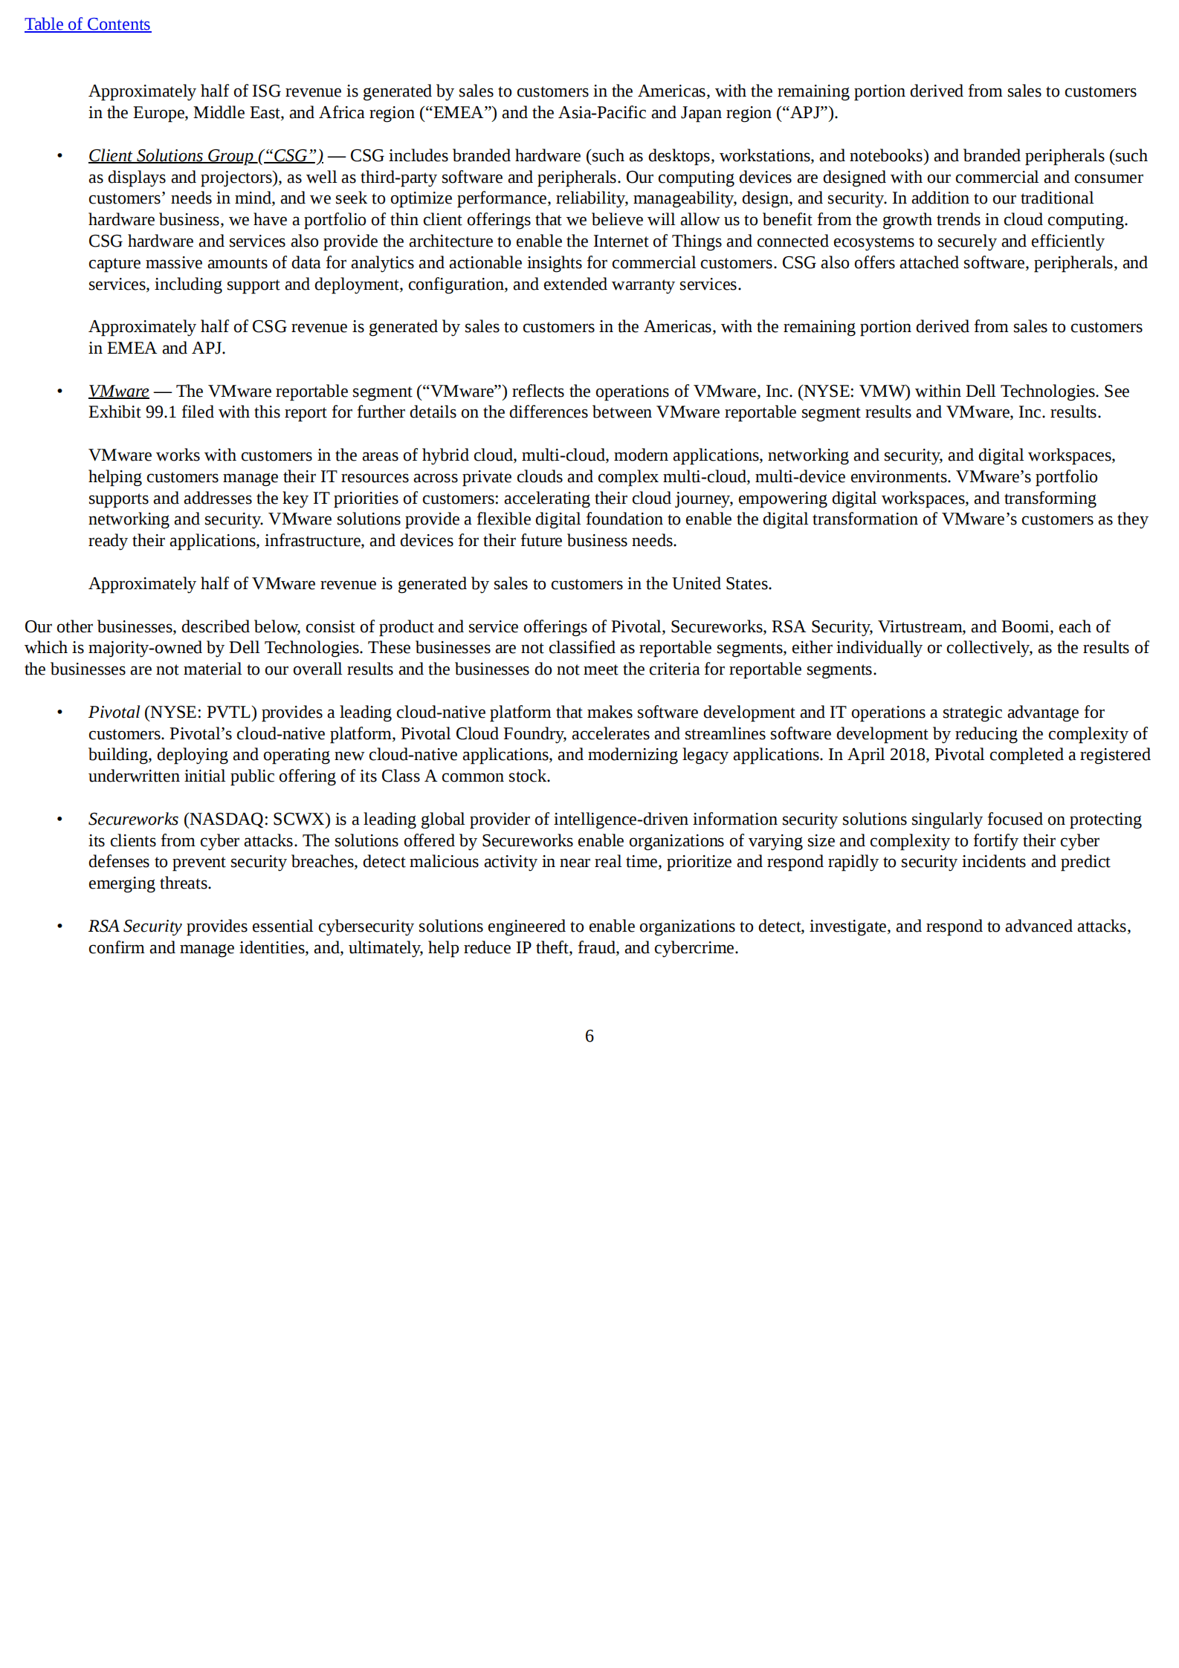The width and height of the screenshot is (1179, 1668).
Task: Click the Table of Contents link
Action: click(87, 25)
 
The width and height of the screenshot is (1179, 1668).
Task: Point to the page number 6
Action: click(589, 1036)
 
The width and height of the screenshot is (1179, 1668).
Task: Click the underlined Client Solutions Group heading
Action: click(205, 156)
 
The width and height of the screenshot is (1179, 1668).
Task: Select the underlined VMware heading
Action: click(118, 392)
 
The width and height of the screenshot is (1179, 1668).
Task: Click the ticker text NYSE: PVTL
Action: click(200, 713)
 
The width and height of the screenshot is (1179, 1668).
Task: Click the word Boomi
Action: click(1025, 627)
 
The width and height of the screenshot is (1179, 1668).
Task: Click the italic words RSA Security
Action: click(135, 927)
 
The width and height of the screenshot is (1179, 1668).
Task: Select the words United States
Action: click(720, 584)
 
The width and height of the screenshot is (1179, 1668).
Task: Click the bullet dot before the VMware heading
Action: click(59, 392)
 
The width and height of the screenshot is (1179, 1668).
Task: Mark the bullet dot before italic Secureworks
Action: click(59, 820)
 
